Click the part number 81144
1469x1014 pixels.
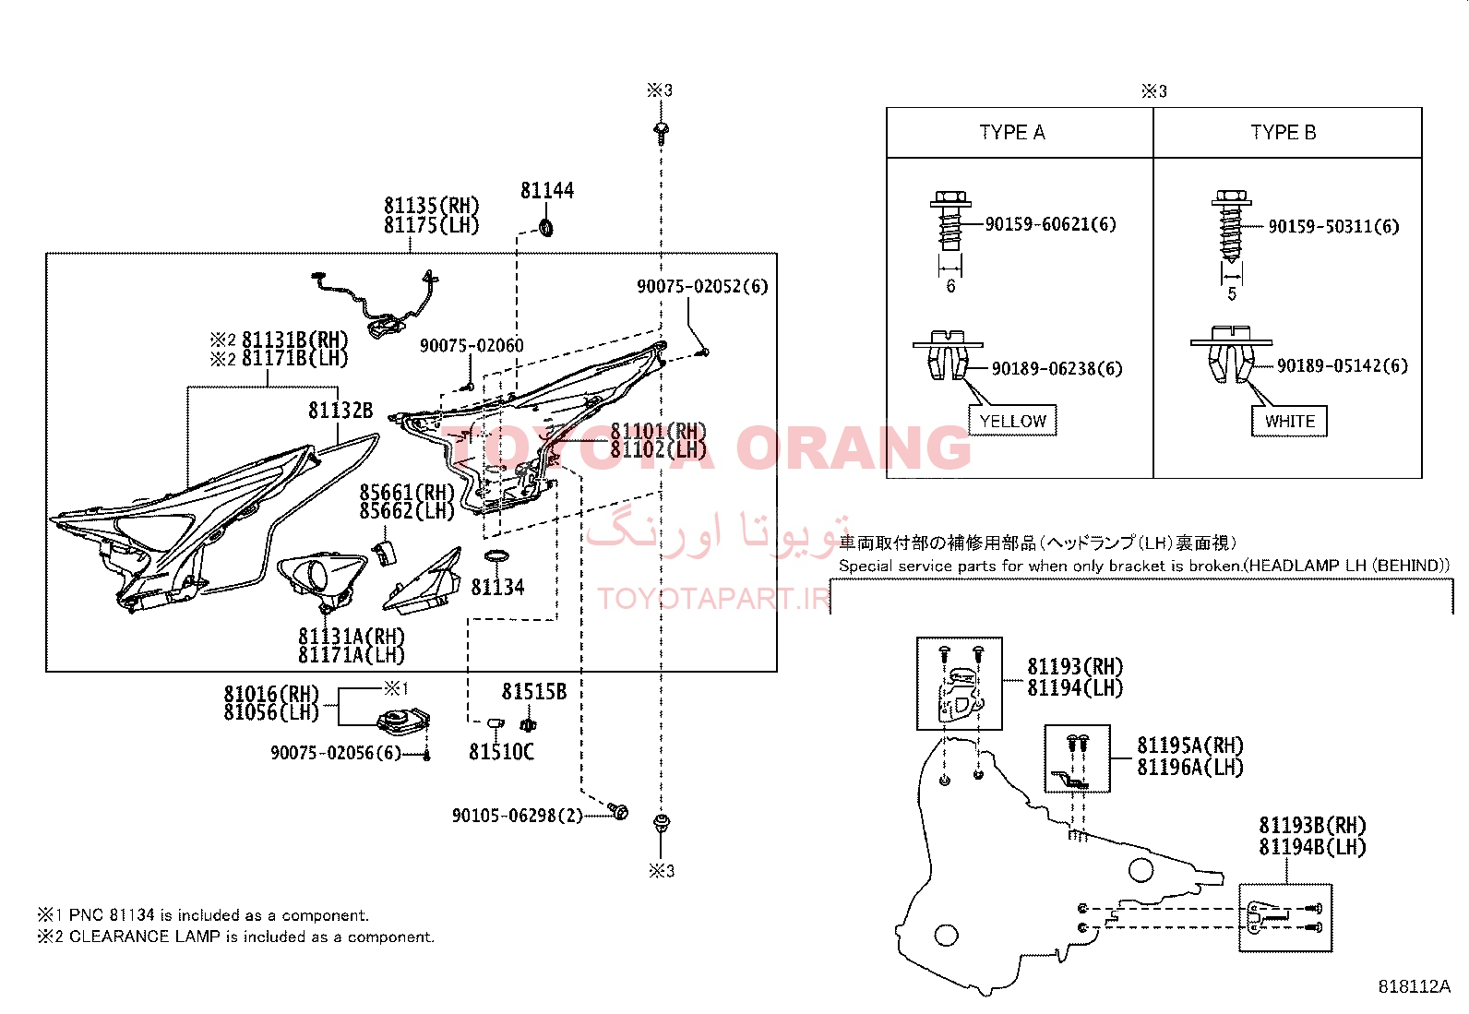tap(547, 190)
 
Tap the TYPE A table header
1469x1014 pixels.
tap(1012, 133)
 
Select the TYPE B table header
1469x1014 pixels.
tap(1284, 133)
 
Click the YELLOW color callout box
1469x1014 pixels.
tap(1012, 421)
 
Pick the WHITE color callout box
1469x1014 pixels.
tap(1289, 421)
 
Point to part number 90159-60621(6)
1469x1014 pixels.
tap(1051, 224)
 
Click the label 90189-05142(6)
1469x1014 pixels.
tap(1343, 365)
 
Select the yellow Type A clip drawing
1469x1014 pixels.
tap(949, 355)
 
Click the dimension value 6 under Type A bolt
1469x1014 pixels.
tap(950, 286)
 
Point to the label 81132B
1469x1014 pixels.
tap(340, 411)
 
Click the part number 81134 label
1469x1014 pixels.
tap(497, 587)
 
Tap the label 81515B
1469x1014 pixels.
tap(534, 691)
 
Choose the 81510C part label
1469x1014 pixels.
tap(502, 752)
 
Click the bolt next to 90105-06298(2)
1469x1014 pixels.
tap(617, 811)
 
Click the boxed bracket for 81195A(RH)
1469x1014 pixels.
tap(1077, 758)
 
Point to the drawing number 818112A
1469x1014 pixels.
tap(1414, 986)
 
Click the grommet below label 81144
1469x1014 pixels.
tap(545, 228)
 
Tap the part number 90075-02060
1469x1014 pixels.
tap(472, 346)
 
